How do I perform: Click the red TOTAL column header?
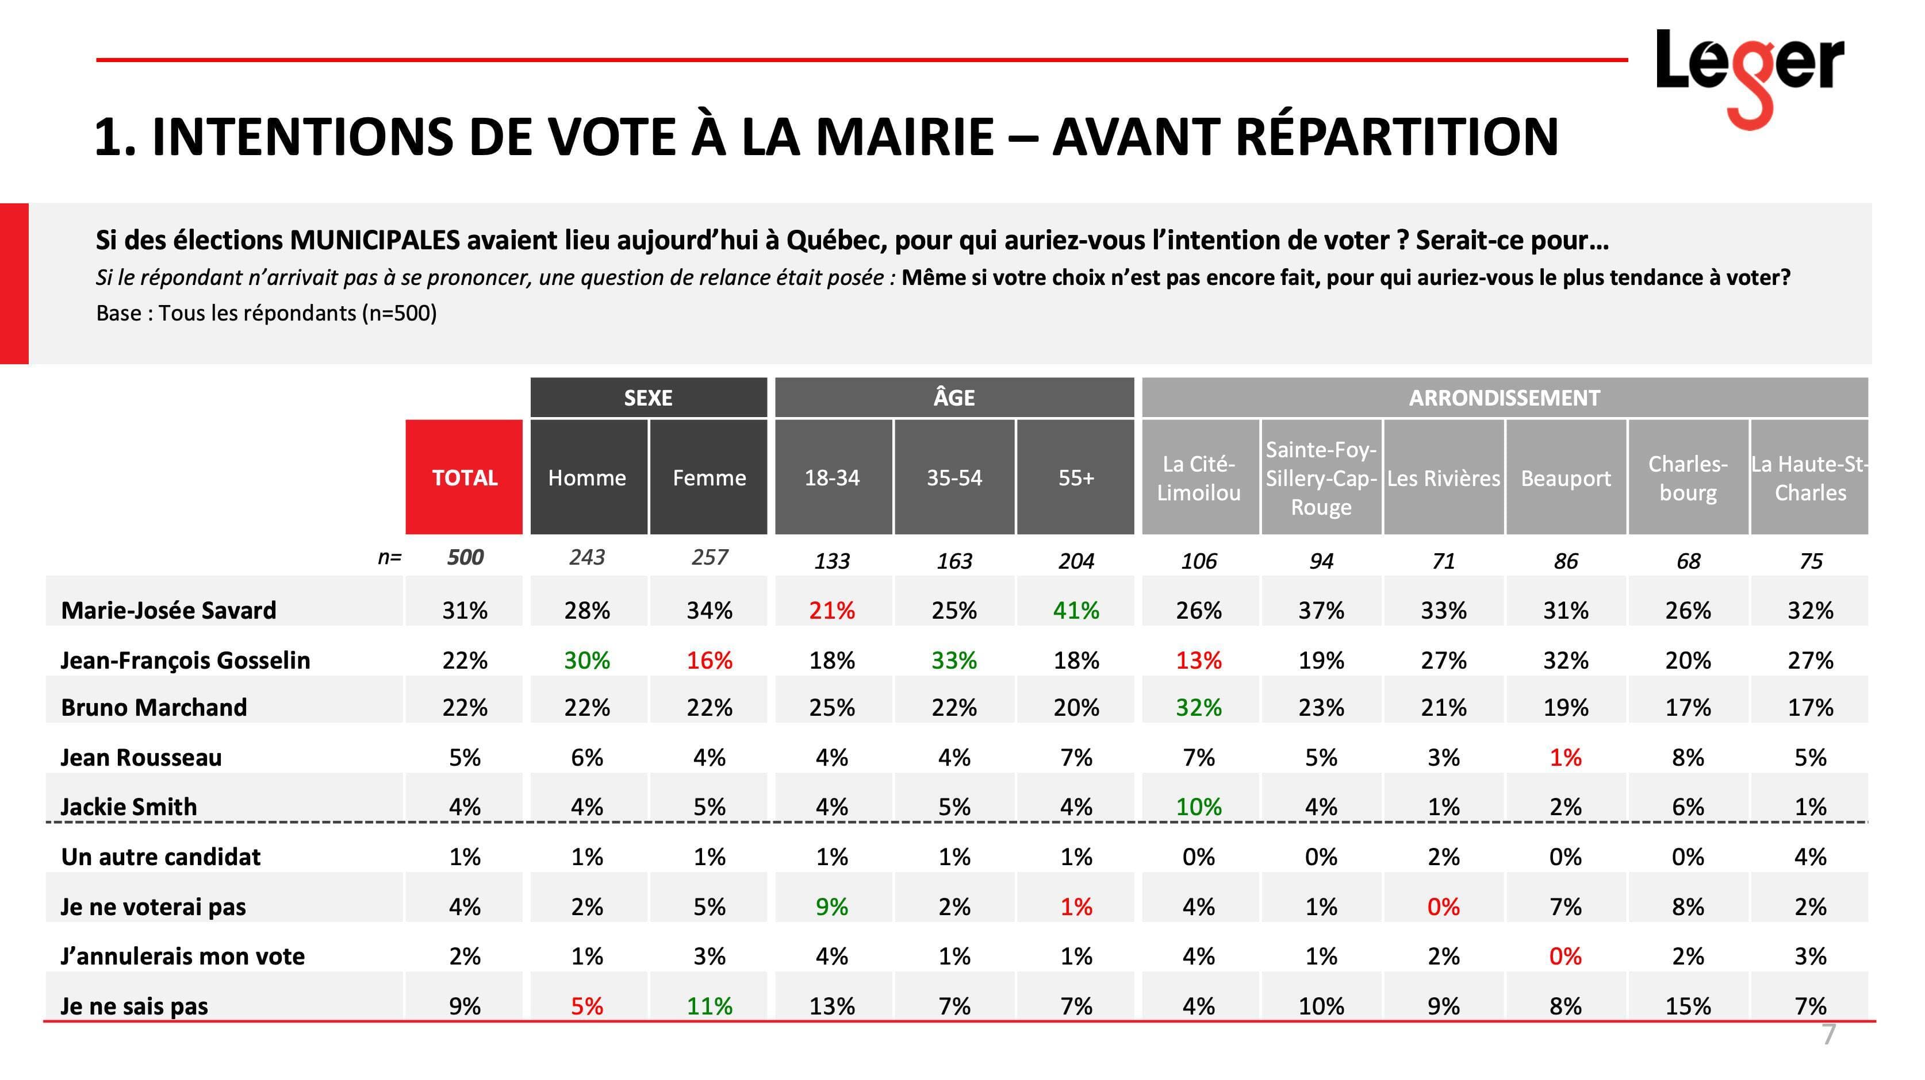(464, 477)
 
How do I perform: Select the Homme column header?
(588, 477)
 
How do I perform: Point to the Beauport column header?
(1566, 477)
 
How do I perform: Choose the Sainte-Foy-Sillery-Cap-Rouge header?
(1321, 477)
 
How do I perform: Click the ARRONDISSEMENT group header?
(1504, 398)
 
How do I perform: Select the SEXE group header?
(648, 398)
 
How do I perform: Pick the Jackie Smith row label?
(129, 807)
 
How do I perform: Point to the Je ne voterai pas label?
(152, 907)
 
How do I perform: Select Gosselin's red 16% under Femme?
(709, 660)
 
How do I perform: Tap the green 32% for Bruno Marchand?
(1199, 707)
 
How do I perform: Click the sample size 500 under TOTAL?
(465, 557)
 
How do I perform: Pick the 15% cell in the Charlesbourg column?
(1688, 1006)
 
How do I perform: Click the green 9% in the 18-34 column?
(832, 907)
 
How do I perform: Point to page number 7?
(1828, 1035)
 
